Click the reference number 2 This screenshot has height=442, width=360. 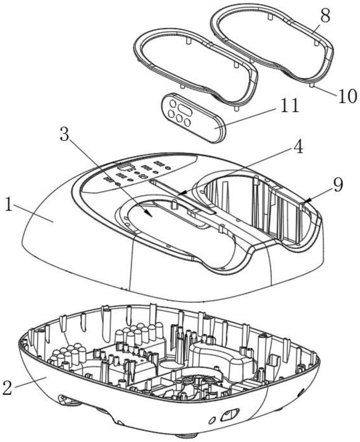8,388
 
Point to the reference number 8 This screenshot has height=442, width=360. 325,16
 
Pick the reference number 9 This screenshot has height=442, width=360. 338,185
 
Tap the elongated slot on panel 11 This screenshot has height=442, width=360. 185,108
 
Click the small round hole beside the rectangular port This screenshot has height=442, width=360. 211,419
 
